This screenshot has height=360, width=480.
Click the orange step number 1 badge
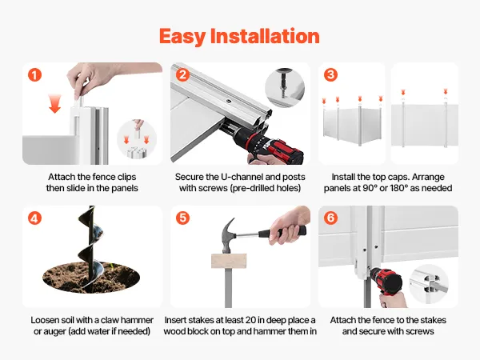click(34, 74)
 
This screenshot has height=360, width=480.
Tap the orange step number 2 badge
click(182, 74)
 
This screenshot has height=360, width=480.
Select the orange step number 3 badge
click(330, 74)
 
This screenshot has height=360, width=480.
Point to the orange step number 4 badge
click(34, 218)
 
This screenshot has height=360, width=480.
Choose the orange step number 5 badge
click(182, 218)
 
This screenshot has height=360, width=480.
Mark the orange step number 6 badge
click(330, 218)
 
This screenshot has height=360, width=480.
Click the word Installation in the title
click(265, 36)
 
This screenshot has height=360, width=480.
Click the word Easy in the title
click(182, 38)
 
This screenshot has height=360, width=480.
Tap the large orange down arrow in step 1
click(54, 104)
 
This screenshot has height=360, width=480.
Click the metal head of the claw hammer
click(229, 236)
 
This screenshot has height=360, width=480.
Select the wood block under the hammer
click(229, 261)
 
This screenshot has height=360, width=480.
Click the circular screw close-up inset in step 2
click(285, 88)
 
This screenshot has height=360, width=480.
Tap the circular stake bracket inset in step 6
click(429, 283)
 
